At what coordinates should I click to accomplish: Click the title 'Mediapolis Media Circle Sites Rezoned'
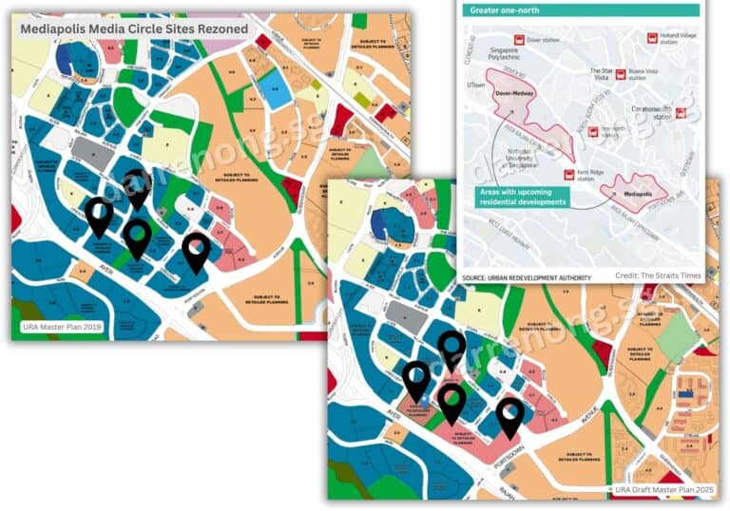coord(134,29)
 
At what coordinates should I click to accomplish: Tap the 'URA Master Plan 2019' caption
coord(64,328)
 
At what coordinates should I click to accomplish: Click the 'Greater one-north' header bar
coord(581,9)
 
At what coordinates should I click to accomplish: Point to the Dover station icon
coord(519,40)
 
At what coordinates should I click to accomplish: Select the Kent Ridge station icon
coord(569,174)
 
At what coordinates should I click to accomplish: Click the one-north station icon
coord(591,131)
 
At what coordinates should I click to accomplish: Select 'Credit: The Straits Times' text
coord(657,275)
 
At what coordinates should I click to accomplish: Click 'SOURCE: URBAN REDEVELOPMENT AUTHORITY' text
coord(527,277)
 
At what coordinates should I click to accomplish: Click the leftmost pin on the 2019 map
coord(99,217)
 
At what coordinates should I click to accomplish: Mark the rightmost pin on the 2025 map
coord(510,417)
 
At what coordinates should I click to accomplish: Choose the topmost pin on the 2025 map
coord(451,349)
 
